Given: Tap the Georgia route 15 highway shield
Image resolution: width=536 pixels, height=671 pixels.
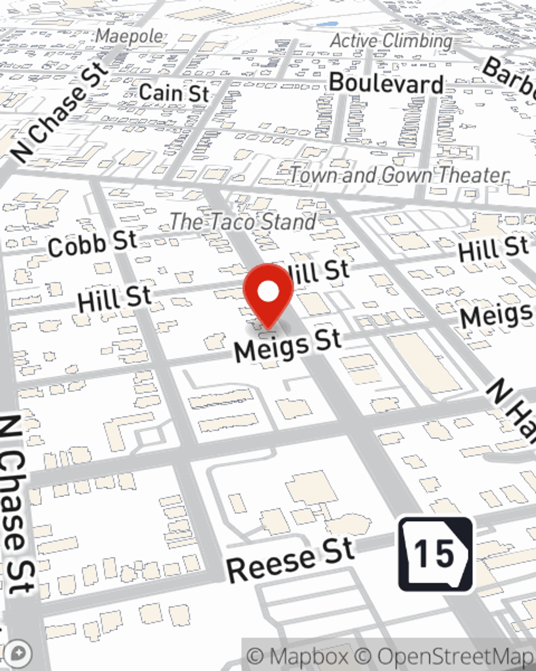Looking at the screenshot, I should (435, 554).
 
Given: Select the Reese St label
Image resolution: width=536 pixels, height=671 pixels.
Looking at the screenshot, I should (290, 560).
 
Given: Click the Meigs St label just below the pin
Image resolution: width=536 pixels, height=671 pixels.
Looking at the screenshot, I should (288, 345).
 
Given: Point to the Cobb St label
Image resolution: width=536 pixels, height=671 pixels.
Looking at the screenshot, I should (92, 243).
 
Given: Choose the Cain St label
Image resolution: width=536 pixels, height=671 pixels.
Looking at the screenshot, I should (174, 92).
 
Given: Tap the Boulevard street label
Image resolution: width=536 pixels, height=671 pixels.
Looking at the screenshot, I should (386, 83).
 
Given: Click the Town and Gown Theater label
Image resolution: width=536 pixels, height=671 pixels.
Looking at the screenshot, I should (399, 175).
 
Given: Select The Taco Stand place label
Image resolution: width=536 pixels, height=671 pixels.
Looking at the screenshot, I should (243, 222).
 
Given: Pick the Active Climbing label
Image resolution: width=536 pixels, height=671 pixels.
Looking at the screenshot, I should (391, 41).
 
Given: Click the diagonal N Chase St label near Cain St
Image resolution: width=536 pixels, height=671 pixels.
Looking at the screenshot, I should (60, 112).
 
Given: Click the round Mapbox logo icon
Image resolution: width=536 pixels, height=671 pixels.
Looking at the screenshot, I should (18, 654).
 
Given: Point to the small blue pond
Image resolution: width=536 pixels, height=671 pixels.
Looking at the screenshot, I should (327, 24).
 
